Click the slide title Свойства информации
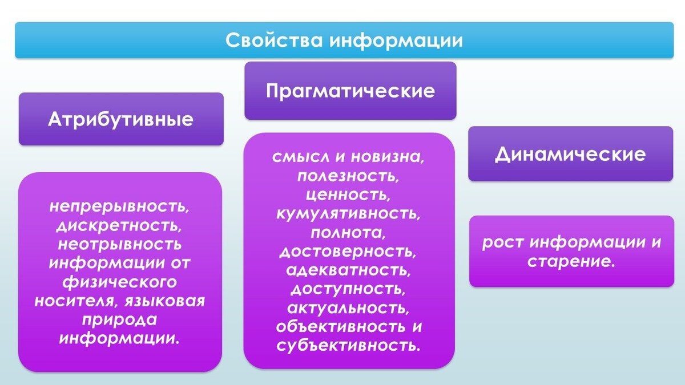tap(344, 40)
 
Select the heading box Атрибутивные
tap(120, 119)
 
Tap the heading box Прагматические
tap(350, 91)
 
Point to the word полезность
tap(348, 176)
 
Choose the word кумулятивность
tap(348, 213)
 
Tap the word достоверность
tap(348, 251)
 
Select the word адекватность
tap(348, 270)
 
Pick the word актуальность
tap(348, 307)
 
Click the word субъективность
tap(348, 345)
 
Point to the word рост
tap(502, 242)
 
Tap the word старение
tap(570, 262)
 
